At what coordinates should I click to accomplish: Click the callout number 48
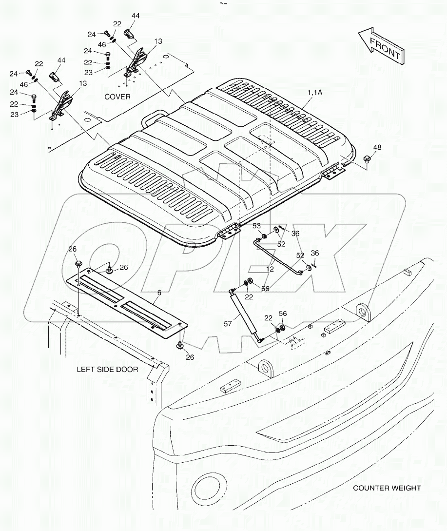(x=378, y=147)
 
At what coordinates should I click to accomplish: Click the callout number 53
(x=256, y=226)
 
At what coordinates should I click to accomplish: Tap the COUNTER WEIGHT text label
(x=387, y=488)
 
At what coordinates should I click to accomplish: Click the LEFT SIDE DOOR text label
(x=107, y=369)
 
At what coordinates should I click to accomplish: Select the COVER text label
(x=117, y=97)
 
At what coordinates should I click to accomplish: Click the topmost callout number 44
(x=135, y=16)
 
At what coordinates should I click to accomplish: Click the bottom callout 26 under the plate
(x=190, y=357)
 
